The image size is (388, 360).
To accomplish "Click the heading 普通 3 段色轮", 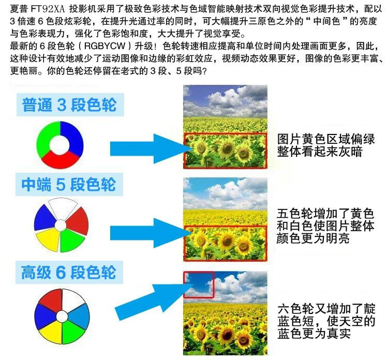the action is [69, 104].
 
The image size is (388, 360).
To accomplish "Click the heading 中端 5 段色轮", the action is [68, 185].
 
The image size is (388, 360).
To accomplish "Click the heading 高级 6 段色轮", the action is [68, 272].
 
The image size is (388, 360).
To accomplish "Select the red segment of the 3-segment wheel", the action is [60, 160].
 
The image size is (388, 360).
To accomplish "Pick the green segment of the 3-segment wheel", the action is [44, 139].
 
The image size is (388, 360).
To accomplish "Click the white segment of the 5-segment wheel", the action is [63, 208].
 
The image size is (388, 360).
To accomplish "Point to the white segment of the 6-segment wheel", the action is [73, 300].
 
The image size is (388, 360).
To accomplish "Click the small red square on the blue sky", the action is [199, 284].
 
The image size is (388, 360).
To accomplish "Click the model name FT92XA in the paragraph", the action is [48, 9].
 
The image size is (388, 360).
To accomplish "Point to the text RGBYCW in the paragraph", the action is [105, 46].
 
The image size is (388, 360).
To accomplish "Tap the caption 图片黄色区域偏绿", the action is [326, 139].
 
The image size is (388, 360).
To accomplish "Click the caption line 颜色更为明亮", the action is [313, 238].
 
